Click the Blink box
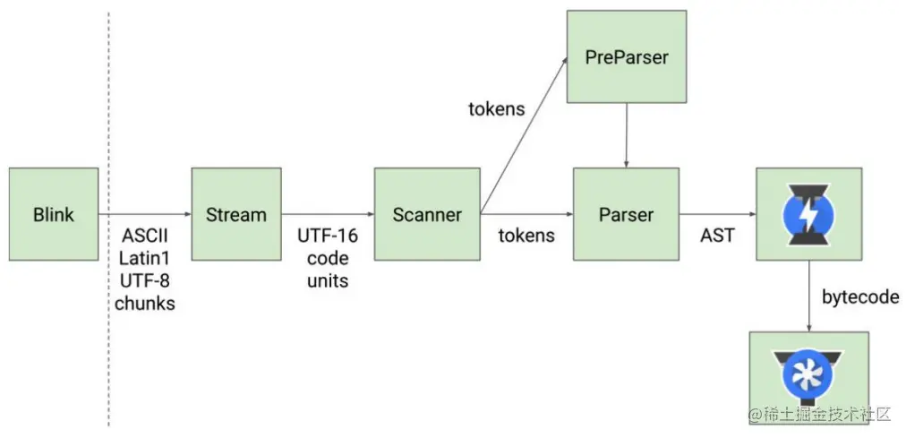(x=54, y=214)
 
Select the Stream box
(x=236, y=214)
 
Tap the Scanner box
(x=427, y=214)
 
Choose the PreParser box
(x=627, y=57)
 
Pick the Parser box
(x=627, y=214)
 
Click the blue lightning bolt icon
(x=808, y=214)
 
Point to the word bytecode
(x=859, y=297)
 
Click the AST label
(x=716, y=236)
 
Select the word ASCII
(x=144, y=236)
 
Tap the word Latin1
(x=144, y=259)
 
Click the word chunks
(x=144, y=304)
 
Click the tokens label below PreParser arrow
(x=497, y=109)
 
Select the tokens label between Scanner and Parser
(x=526, y=236)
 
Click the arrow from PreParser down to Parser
(x=627, y=134)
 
